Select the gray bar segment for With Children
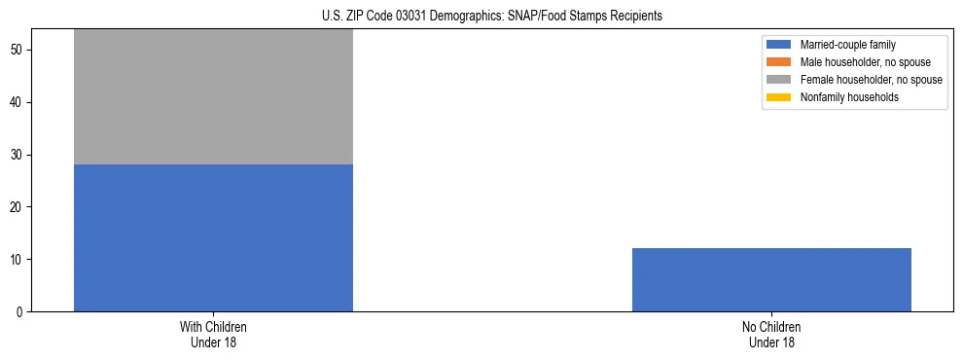[213, 97]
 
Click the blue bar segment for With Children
[213, 237]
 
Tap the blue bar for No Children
[771, 280]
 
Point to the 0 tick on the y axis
[20, 312]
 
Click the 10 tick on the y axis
[18, 260]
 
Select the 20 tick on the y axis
[18, 207]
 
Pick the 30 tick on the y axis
[18, 155]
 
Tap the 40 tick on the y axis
[18, 102]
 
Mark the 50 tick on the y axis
[18, 50]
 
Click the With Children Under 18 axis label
[213, 335]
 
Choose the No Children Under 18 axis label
[771, 335]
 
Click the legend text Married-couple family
[847, 45]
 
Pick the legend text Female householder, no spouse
[871, 80]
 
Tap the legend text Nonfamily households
[849, 97]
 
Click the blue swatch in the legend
[779, 45]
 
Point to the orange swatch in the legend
[779, 62]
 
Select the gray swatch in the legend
[779, 80]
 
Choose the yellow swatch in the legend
[779, 97]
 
